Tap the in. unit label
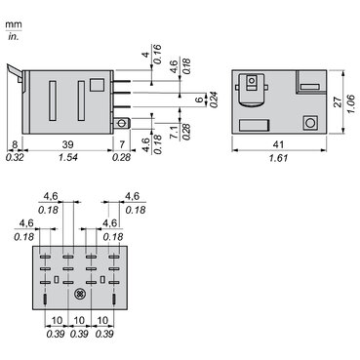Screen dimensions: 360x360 click(x=14, y=36)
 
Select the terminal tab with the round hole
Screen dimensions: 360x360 click(x=122, y=123)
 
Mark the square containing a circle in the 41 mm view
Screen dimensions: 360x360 click(x=309, y=123)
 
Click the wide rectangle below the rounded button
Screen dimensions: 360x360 click(x=251, y=124)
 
